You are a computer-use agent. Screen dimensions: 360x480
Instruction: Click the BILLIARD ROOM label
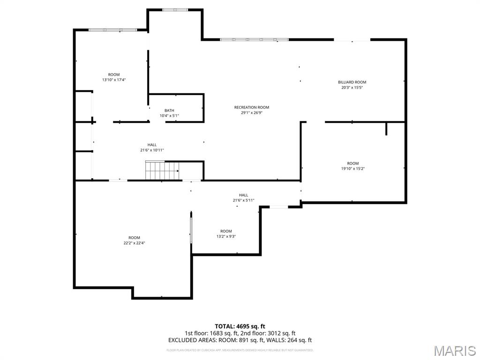(352, 82)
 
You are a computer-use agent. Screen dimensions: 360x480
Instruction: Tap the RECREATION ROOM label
(252, 107)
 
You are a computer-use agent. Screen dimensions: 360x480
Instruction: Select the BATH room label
(169, 111)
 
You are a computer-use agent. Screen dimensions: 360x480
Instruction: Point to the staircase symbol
(162, 171)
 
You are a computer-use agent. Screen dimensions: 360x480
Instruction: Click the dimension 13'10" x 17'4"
(114, 80)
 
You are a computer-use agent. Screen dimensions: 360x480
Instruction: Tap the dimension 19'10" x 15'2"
(353, 169)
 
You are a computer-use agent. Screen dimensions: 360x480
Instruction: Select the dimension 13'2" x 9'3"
(226, 236)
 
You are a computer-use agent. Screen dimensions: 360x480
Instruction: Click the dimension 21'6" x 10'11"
(152, 150)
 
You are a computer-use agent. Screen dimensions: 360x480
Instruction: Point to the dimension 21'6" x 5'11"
(244, 200)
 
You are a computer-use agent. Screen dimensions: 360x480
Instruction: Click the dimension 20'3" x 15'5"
(352, 87)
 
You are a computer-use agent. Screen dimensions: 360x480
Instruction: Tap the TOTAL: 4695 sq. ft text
(240, 326)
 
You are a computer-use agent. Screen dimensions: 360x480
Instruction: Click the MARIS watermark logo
(454, 351)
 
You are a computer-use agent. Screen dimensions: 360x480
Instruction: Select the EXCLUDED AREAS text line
(240, 340)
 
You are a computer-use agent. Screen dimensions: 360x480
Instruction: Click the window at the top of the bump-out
(175, 10)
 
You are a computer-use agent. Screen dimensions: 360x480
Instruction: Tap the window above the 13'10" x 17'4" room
(112, 30)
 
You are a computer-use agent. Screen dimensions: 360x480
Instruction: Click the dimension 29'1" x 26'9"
(252, 112)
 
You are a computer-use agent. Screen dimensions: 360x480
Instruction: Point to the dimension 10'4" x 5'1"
(169, 116)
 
